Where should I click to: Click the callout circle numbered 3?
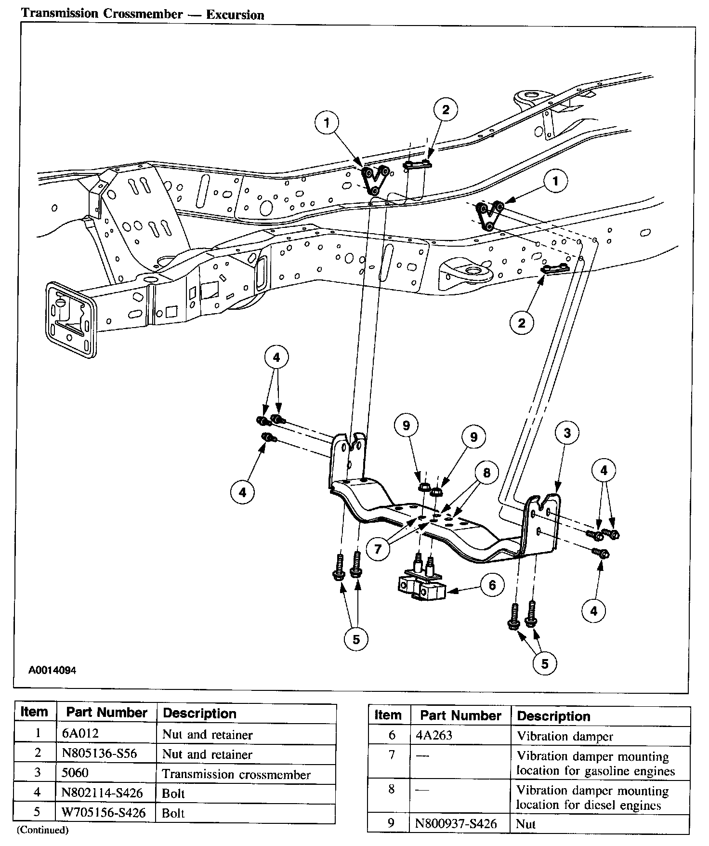[567, 433]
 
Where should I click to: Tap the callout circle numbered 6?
[492, 585]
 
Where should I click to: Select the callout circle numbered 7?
[378, 549]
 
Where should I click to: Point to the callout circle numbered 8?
[486, 473]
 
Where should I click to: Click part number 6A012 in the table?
[80, 734]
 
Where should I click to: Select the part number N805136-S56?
[99, 754]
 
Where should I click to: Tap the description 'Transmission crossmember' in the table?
[236, 774]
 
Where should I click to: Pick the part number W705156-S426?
[104, 813]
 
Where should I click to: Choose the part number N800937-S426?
[455, 823]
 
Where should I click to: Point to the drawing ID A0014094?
[52, 670]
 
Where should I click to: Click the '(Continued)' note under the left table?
[43, 830]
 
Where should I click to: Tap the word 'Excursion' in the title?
[235, 14]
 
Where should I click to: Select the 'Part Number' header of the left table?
[106, 713]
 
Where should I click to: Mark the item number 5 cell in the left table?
[38, 813]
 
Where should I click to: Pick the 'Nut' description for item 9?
[525, 823]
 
